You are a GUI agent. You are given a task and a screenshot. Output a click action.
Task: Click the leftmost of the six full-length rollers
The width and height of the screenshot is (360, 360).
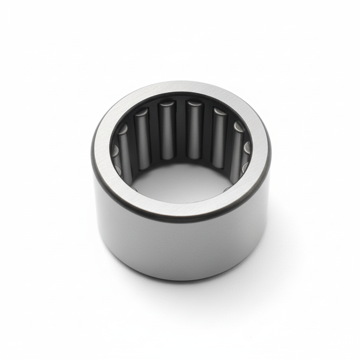tap(124, 151)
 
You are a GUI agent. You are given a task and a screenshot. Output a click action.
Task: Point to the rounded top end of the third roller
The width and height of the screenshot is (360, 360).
tap(167, 104)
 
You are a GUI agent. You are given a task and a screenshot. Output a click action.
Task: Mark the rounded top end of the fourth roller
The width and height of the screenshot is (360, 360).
tap(194, 104)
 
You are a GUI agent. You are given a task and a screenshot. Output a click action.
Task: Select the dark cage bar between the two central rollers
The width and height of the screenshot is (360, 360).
tap(180, 130)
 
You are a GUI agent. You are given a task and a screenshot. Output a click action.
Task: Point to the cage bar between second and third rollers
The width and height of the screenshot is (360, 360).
tap(155, 135)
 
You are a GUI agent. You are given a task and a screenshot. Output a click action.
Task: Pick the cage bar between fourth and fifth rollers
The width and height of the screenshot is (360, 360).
tap(207, 135)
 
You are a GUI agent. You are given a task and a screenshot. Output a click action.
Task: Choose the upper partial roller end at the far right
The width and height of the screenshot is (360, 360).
tap(247, 147)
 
